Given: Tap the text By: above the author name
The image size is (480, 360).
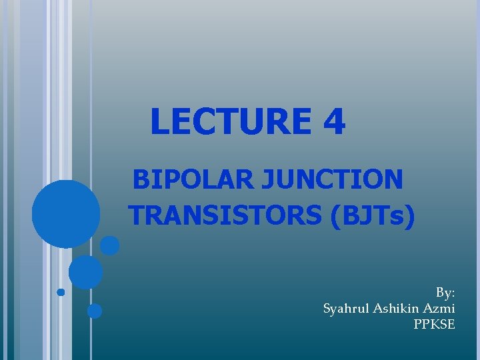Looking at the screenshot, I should tap(445, 293).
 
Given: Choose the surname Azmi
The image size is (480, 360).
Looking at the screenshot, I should tap(440, 309).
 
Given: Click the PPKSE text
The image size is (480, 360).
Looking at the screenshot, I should tap(434, 325).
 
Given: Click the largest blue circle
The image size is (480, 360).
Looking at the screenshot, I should tap(66, 214).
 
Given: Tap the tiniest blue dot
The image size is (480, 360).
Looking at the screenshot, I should tap(61, 292).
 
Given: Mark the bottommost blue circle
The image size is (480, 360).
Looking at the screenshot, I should tap(95, 311).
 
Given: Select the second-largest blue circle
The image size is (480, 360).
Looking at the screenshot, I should tap(86, 272).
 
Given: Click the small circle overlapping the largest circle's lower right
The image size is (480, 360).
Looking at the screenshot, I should tap(110, 246).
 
